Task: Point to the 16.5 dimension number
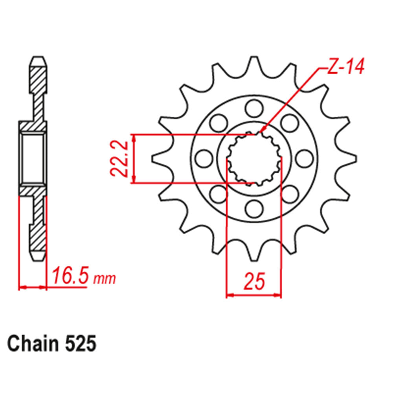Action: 70,276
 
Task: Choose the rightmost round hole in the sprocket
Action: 303,158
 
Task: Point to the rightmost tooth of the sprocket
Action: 350,158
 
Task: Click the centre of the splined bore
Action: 254,158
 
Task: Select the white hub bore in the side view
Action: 33,158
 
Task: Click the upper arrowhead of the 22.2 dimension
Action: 135,138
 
